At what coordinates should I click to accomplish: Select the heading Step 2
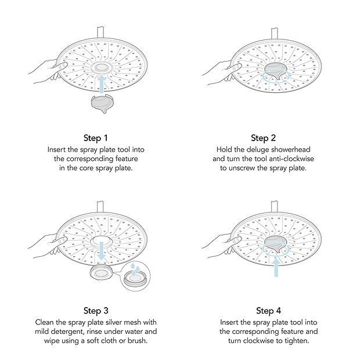(264, 138)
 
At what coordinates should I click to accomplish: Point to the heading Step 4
(268, 311)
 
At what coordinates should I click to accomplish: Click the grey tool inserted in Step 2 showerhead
(276, 73)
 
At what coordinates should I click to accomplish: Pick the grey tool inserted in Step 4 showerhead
(276, 244)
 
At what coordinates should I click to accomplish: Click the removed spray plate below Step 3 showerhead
(102, 273)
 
